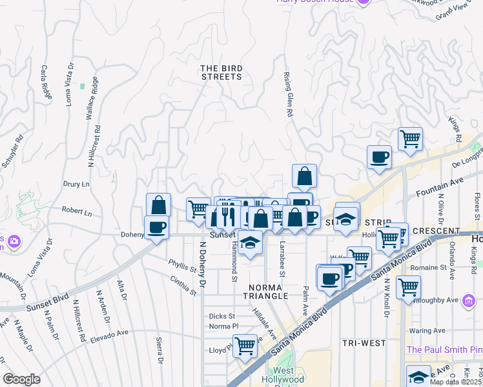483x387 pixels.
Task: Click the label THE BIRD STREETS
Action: pyautogui.click(x=221, y=72)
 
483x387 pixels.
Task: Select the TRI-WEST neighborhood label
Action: pyautogui.click(x=364, y=343)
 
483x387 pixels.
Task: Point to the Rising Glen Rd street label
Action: pyautogui.click(x=287, y=94)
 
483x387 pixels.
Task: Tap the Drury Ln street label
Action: pyautogui.click(x=76, y=184)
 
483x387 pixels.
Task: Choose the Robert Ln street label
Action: pyautogui.click(x=77, y=212)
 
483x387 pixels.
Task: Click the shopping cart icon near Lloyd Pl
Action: pyautogui.click(x=245, y=346)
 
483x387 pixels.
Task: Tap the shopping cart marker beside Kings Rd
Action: pyautogui.click(x=410, y=138)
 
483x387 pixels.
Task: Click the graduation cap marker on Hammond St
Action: pyautogui.click(x=250, y=243)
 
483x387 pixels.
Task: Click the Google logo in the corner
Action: pyautogui.click(x=22, y=379)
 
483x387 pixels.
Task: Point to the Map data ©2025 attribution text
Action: pyautogui.click(x=456, y=382)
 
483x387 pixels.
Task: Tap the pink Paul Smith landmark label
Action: pyautogui.click(x=444, y=350)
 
